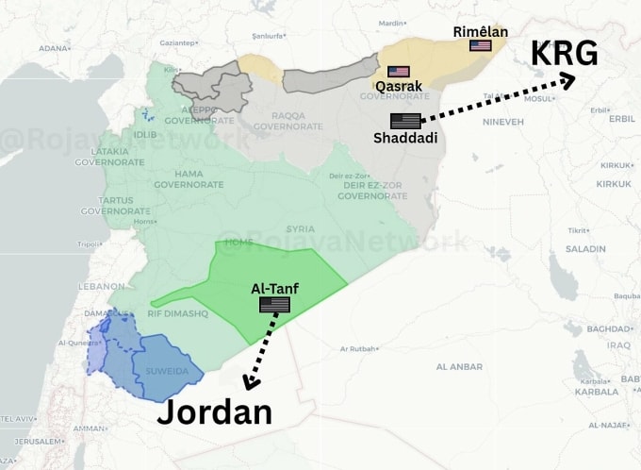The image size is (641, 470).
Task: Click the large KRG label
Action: (564, 54)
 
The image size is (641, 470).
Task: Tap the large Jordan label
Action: (214, 412)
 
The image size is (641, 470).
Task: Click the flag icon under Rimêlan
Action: (481, 45)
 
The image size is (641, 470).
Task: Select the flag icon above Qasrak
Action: (399, 72)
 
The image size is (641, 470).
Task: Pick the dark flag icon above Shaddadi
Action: (405, 121)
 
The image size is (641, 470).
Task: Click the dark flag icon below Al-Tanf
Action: (275, 304)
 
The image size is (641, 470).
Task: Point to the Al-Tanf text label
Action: (275, 286)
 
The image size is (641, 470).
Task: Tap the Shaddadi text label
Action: (405, 139)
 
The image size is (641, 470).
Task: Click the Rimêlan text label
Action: (480, 31)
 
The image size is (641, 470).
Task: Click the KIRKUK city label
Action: (613, 183)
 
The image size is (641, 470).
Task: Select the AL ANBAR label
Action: (459, 365)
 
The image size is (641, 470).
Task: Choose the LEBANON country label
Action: (101, 285)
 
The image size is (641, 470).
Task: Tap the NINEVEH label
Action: (503, 122)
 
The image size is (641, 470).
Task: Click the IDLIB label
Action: (145, 134)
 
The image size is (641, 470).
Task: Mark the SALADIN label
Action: (585, 248)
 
